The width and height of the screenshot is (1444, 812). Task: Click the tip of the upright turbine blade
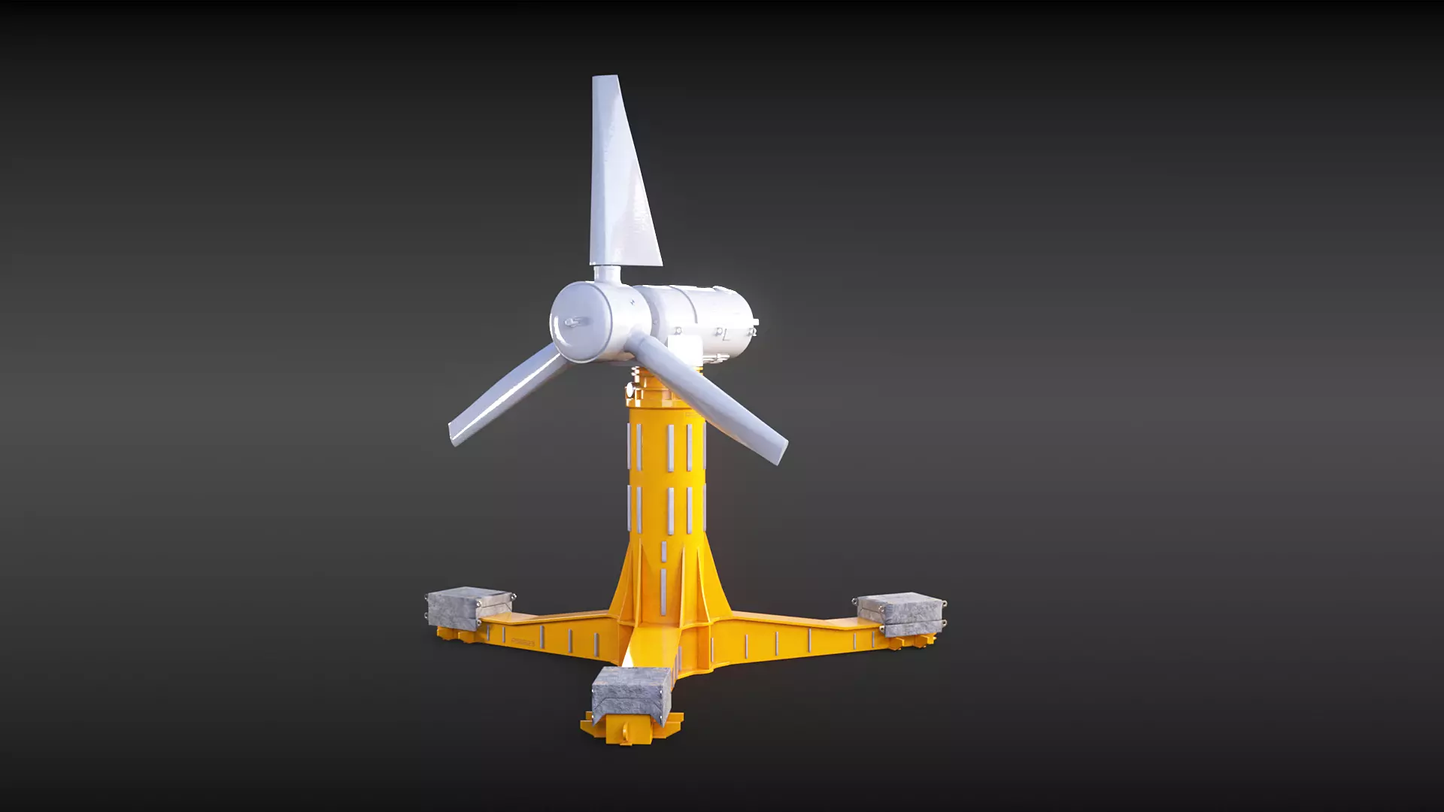point(605,80)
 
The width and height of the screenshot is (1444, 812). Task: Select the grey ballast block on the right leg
point(900,610)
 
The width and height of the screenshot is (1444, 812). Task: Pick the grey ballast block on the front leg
point(630,692)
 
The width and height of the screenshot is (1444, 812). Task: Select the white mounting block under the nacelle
point(687,347)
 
